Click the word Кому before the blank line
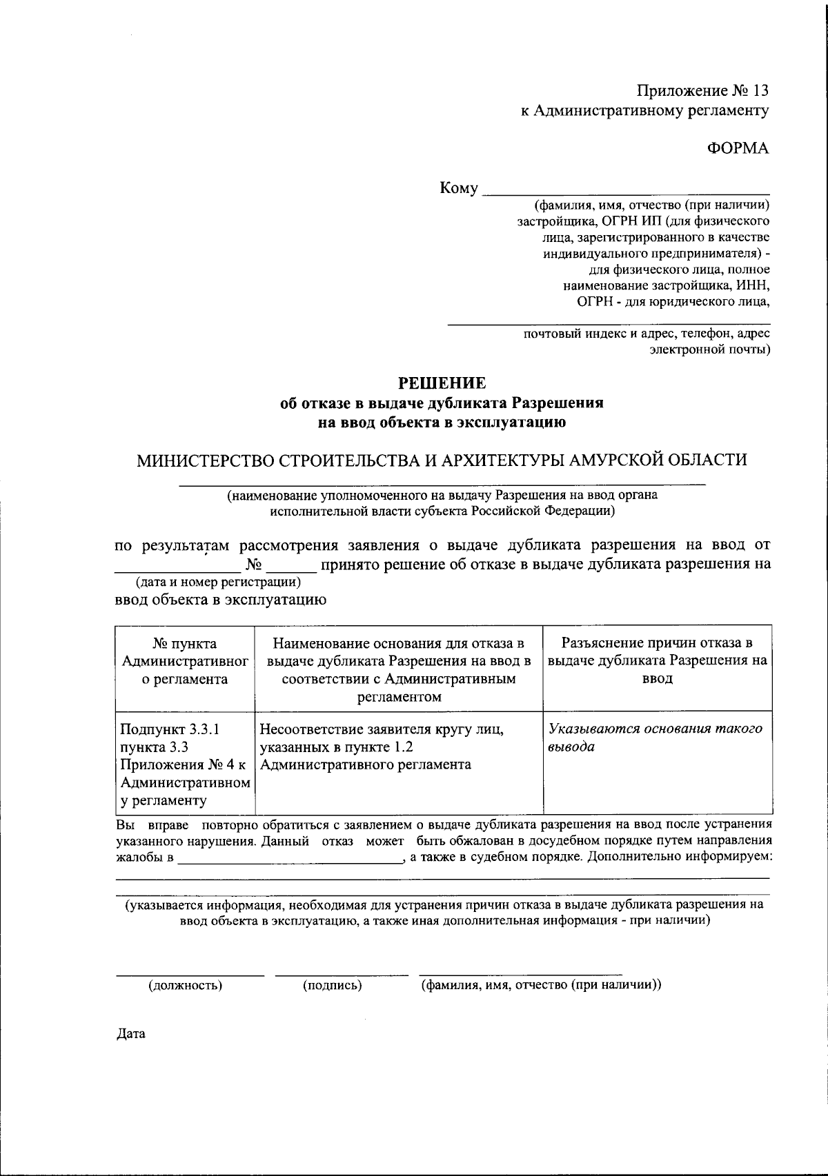459,189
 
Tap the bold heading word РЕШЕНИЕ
442,383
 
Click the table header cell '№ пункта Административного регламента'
185,661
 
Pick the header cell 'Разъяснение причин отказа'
657,661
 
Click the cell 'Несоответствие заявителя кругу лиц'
382,747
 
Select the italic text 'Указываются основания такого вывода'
655,738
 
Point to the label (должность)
186,985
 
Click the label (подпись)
333,985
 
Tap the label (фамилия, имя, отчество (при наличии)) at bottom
542,985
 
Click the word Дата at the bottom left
130,1034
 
